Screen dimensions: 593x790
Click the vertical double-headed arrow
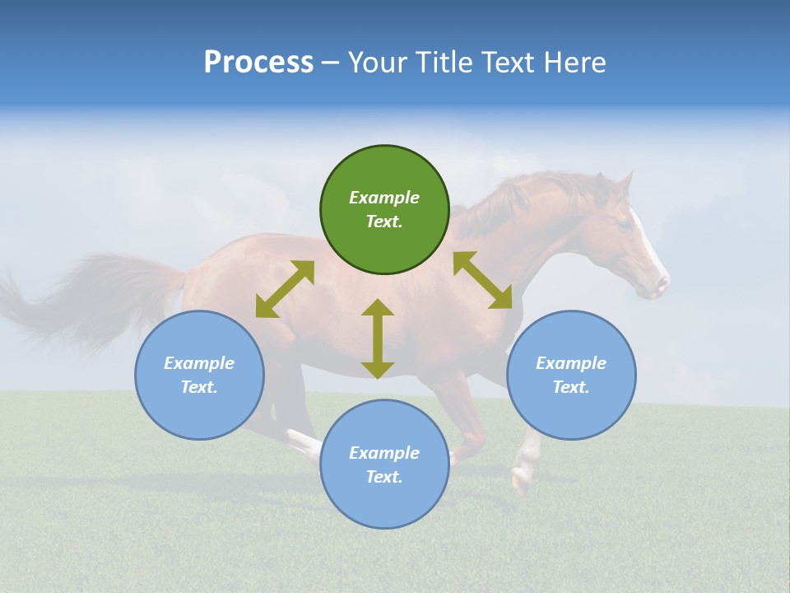378,339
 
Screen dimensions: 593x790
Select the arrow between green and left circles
285,289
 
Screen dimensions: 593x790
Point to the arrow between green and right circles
483,280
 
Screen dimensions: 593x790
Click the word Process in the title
258,62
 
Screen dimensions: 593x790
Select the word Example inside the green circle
384,198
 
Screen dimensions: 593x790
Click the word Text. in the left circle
199,387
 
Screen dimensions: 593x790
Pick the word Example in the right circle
571,363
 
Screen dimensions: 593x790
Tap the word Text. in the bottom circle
384,477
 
